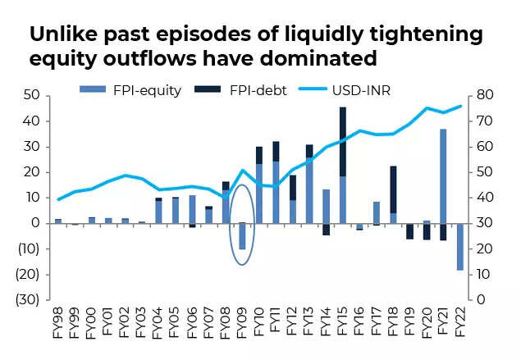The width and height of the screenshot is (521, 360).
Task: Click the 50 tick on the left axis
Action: tap(32, 96)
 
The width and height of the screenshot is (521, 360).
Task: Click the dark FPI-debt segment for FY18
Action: tap(392, 189)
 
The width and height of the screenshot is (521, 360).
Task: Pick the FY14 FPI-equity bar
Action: tap(326, 206)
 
